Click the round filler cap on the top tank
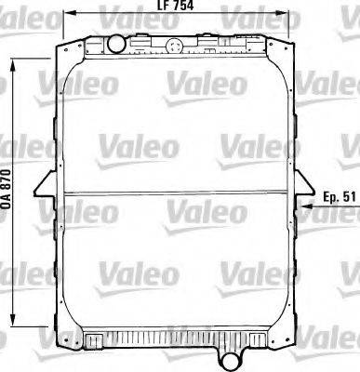[116, 43]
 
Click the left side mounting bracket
[44, 191]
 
